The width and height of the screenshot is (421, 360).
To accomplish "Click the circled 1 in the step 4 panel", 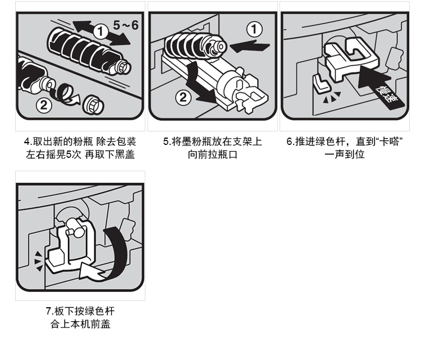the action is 100,31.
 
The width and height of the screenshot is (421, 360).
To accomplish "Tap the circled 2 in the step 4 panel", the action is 44,105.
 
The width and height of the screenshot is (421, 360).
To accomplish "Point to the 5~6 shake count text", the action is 126,25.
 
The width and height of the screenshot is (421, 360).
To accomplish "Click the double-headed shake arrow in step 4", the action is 102,33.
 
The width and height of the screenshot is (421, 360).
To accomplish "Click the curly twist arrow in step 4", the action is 65,95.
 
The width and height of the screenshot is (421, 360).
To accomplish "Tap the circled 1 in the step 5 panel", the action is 254,29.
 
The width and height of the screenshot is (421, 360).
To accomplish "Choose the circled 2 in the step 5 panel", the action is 183,97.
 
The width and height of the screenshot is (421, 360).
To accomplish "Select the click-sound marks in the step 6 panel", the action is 332,97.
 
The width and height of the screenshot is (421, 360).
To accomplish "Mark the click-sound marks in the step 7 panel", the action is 38,261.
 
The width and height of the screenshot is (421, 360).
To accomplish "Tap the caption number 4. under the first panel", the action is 28,142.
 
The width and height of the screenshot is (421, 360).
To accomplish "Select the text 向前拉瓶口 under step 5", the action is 212,155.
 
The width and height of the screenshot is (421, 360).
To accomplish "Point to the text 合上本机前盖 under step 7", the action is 80,324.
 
